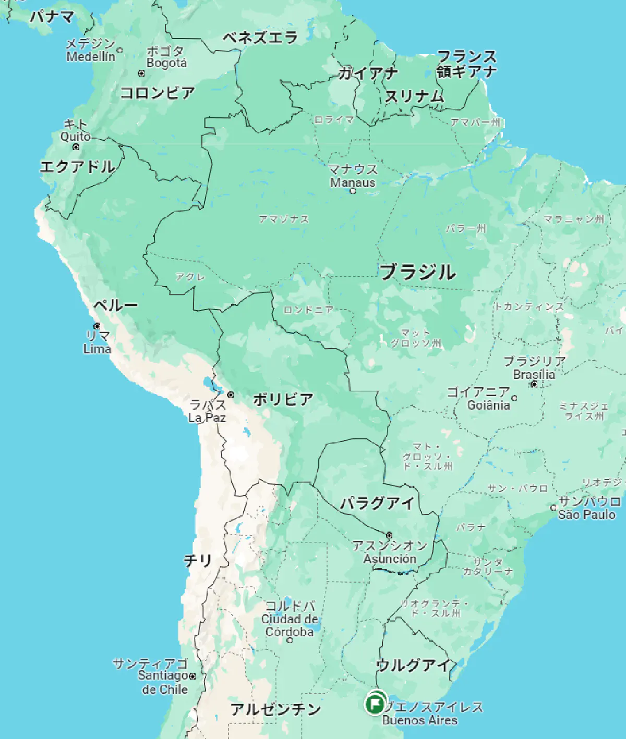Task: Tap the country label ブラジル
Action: [417, 272]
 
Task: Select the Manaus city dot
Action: [353, 191]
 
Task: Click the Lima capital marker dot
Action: [97, 326]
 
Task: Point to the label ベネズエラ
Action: [260, 38]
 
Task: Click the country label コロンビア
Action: [158, 93]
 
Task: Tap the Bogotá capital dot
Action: [141, 73]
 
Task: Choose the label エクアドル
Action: [77, 167]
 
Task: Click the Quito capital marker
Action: [76, 147]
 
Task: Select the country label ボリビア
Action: [283, 400]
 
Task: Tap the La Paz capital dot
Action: [230, 395]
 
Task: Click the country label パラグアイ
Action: [378, 503]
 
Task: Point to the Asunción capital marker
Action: [389, 535]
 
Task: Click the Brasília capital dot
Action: [534, 384]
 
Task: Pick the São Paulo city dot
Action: [553, 507]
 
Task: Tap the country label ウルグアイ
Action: [413, 665]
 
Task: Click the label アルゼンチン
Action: [276, 709]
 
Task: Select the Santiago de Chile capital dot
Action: [192, 676]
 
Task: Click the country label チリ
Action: [198, 560]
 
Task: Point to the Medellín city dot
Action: [119, 51]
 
